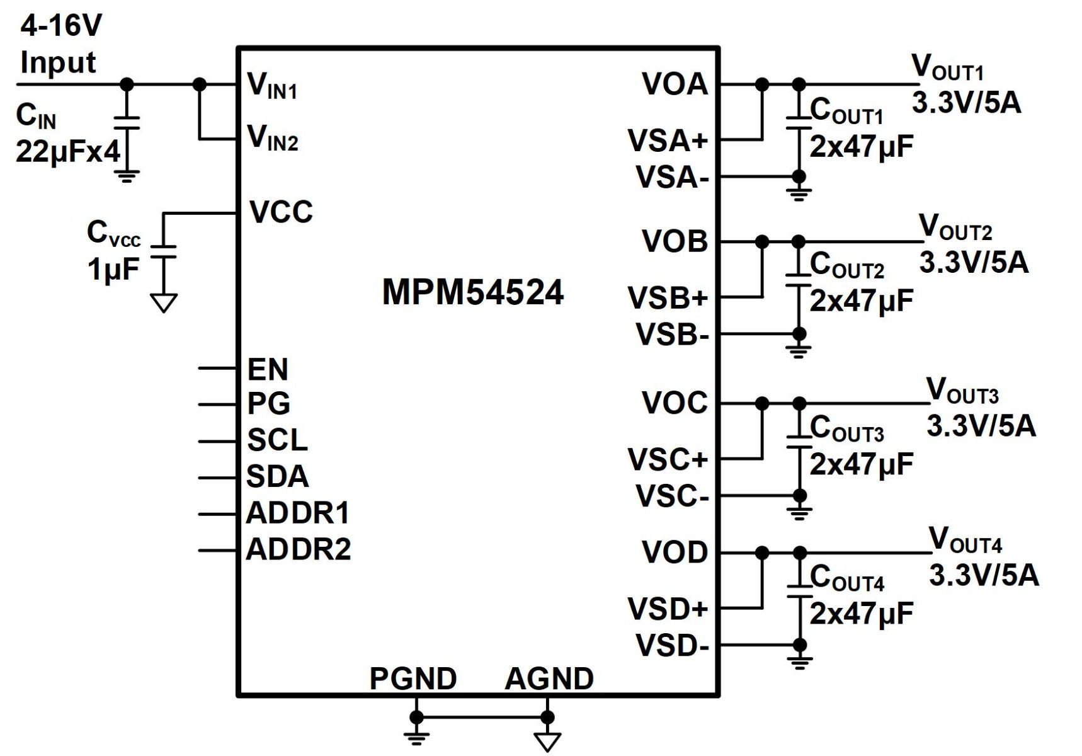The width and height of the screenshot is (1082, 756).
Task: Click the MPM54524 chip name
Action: [472, 293]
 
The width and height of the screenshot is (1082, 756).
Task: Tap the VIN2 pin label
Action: [272, 138]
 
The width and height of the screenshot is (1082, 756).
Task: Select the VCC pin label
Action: [281, 212]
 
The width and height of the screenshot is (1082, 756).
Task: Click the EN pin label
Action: [268, 370]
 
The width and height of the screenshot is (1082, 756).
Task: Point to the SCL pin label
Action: [277, 440]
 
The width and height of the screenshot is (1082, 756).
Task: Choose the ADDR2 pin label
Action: [298, 549]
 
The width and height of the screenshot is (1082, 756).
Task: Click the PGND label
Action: [413, 679]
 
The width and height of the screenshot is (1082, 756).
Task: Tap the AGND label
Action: [549, 679]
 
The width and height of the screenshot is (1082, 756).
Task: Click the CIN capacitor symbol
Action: [127, 122]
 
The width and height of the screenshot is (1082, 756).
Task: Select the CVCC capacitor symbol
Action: [164, 251]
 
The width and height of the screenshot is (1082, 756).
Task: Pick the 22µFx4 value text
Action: [67, 151]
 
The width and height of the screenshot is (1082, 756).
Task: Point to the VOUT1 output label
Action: [947, 68]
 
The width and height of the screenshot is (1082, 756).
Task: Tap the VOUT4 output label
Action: [965, 541]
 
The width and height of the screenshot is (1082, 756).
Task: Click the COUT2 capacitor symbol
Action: [799, 280]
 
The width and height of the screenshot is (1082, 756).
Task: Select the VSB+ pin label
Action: [668, 298]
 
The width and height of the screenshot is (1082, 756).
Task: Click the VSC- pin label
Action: [672, 496]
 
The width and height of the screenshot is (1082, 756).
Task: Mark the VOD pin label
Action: [675, 553]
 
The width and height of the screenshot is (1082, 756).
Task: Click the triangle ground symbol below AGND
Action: [547, 741]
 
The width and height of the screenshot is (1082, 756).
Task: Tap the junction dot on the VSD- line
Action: [799, 644]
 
